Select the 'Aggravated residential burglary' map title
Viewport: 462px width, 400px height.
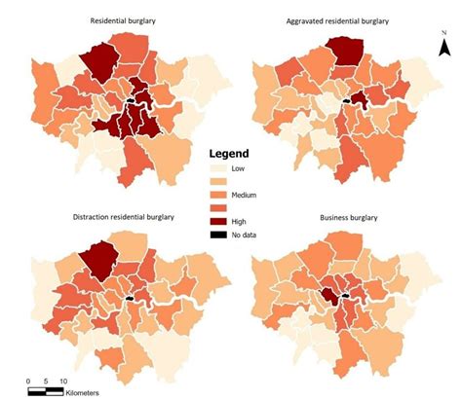(339, 20)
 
